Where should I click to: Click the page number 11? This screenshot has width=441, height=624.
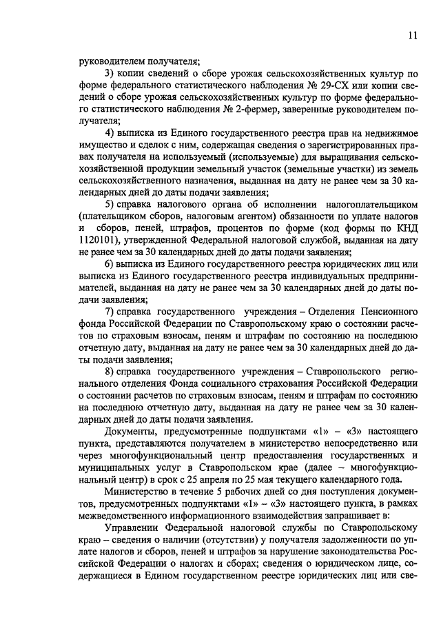click(411, 35)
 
